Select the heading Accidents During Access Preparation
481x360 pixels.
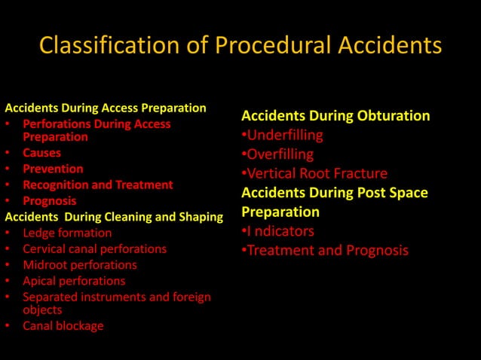point(106,108)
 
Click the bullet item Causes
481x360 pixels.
point(42,153)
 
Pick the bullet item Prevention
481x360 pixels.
point(53,169)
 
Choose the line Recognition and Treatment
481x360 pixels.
point(98,185)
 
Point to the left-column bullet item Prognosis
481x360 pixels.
point(49,201)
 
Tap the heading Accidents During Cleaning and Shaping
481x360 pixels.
point(114,217)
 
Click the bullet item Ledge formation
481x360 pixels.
point(67,233)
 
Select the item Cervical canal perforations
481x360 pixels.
point(95,249)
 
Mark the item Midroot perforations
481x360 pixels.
point(80,265)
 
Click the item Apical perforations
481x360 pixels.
point(74,281)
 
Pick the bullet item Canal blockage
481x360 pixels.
point(63,326)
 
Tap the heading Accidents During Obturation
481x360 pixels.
point(335,116)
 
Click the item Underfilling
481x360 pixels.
point(285,136)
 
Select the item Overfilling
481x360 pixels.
point(280,154)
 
